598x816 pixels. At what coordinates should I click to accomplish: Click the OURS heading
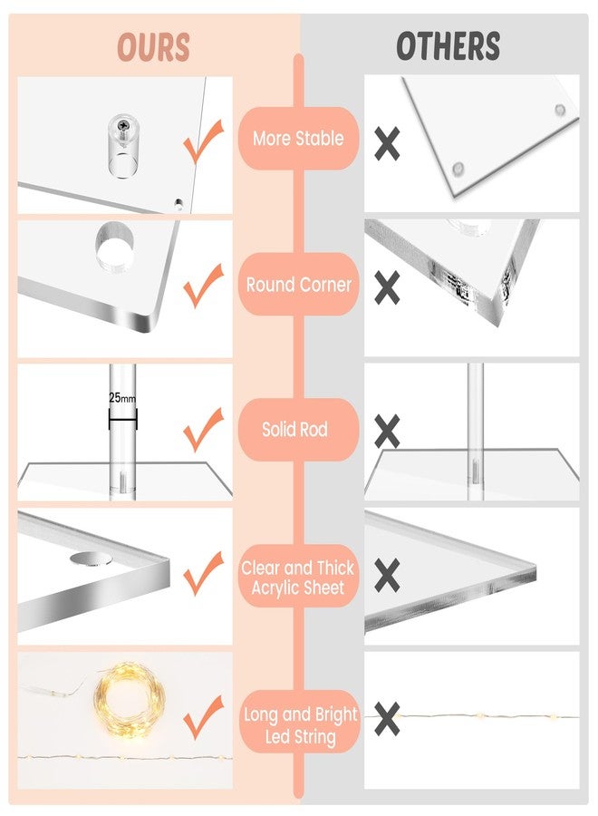pos(153,47)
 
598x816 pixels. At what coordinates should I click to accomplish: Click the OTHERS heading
pos(448,46)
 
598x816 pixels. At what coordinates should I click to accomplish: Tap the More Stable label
pos(298,139)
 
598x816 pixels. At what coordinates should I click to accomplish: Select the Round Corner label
pos(298,285)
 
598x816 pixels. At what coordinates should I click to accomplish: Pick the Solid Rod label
pos(294,430)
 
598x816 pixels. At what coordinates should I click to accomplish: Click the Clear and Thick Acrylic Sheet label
pos(298,578)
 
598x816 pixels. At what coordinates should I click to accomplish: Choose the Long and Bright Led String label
pos(300,725)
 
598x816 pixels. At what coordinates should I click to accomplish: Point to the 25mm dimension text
pos(122,398)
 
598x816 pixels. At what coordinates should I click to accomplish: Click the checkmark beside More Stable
pos(204,141)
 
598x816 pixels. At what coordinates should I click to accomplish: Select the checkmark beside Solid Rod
pos(204,430)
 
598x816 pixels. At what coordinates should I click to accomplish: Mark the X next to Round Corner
pos(388,287)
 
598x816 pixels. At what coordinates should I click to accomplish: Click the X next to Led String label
pos(388,719)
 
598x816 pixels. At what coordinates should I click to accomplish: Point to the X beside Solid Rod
pos(388,432)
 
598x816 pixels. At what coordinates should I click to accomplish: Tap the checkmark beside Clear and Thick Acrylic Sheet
pos(204,574)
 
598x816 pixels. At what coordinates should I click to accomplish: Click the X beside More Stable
pos(388,143)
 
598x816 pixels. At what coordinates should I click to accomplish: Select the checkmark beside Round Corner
pos(204,286)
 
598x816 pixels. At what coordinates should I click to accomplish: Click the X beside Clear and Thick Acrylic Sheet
pos(388,575)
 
